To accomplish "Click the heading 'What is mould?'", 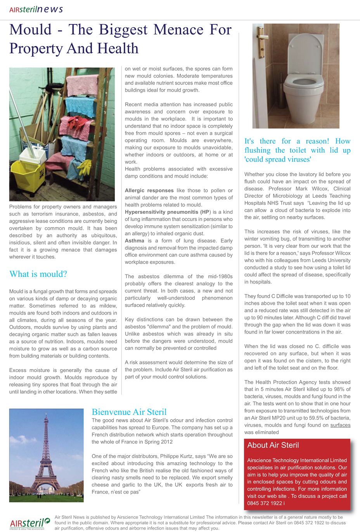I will coord(38,274).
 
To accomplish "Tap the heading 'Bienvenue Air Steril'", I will coord(129,412).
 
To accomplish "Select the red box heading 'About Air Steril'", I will coord(273,445).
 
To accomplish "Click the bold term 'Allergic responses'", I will coord(149,190).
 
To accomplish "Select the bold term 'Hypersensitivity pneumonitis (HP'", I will coord(167,212).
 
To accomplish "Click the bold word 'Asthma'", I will coord(134,241).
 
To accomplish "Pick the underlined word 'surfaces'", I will coord(340,425).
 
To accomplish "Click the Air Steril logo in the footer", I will coord(29,523).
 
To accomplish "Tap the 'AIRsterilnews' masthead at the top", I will coord(36,9).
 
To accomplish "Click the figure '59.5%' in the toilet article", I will coord(309,418).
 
